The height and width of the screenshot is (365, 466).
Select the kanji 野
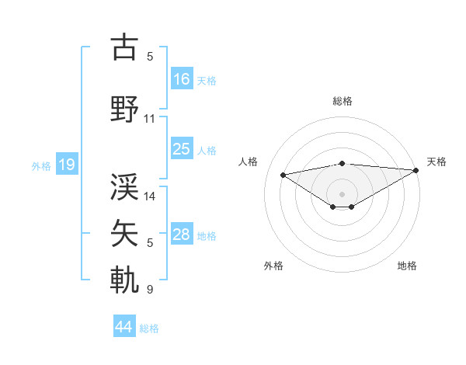[x=124, y=109]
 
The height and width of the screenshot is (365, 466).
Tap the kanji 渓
[x=124, y=185]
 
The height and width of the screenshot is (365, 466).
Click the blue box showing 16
[x=182, y=79]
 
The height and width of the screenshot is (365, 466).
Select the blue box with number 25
[x=182, y=149]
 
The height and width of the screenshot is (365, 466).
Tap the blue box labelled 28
[x=182, y=235]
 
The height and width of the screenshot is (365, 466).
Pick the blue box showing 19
[x=66, y=164]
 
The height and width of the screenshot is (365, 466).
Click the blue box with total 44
[x=123, y=327]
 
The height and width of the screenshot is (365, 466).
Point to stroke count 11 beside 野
[x=150, y=119]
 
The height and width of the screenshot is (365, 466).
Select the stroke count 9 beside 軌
[x=150, y=290]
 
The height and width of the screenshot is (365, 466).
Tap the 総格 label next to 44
[x=149, y=328]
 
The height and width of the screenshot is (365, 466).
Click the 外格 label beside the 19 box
[x=41, y=165]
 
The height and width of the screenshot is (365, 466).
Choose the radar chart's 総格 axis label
[x=342, y=101]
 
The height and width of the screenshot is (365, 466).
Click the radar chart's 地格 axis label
[x=407, y=266]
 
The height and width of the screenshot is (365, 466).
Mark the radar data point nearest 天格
[x=416, y=170]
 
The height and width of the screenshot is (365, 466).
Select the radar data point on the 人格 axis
[x=283, y=174]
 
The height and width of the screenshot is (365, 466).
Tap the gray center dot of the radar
[x=342, y=193]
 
